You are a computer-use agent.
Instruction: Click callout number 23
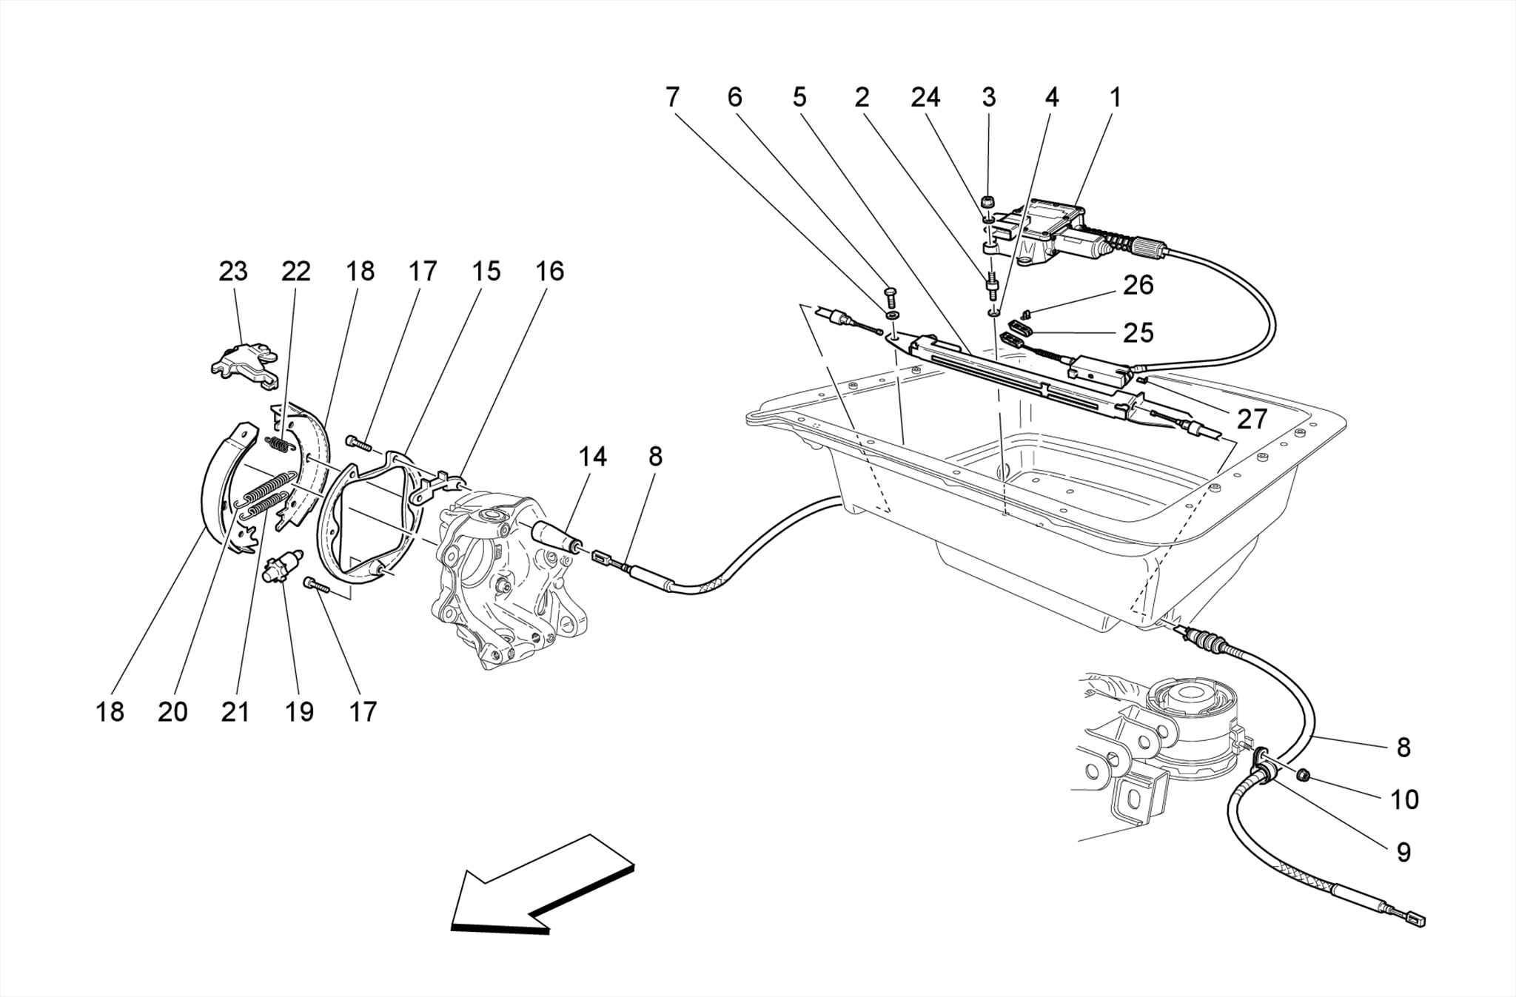(232, 272)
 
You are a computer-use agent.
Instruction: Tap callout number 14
(592, 457)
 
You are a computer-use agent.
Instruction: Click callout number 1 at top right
(1114, 98)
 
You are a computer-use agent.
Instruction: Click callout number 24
(925, 98)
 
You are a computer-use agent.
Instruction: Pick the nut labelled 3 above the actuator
(987, 201)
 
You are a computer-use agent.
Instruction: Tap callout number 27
(1252, 420)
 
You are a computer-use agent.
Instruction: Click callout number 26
(1138, 286)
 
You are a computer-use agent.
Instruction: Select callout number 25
(1138, 333)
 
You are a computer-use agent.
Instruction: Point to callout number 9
(1403, 853)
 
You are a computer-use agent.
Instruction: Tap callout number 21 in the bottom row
(235, 712)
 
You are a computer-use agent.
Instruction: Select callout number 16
(549, 272)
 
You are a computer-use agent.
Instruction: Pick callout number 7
(671, 98)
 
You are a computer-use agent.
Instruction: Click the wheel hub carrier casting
(503, 585)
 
